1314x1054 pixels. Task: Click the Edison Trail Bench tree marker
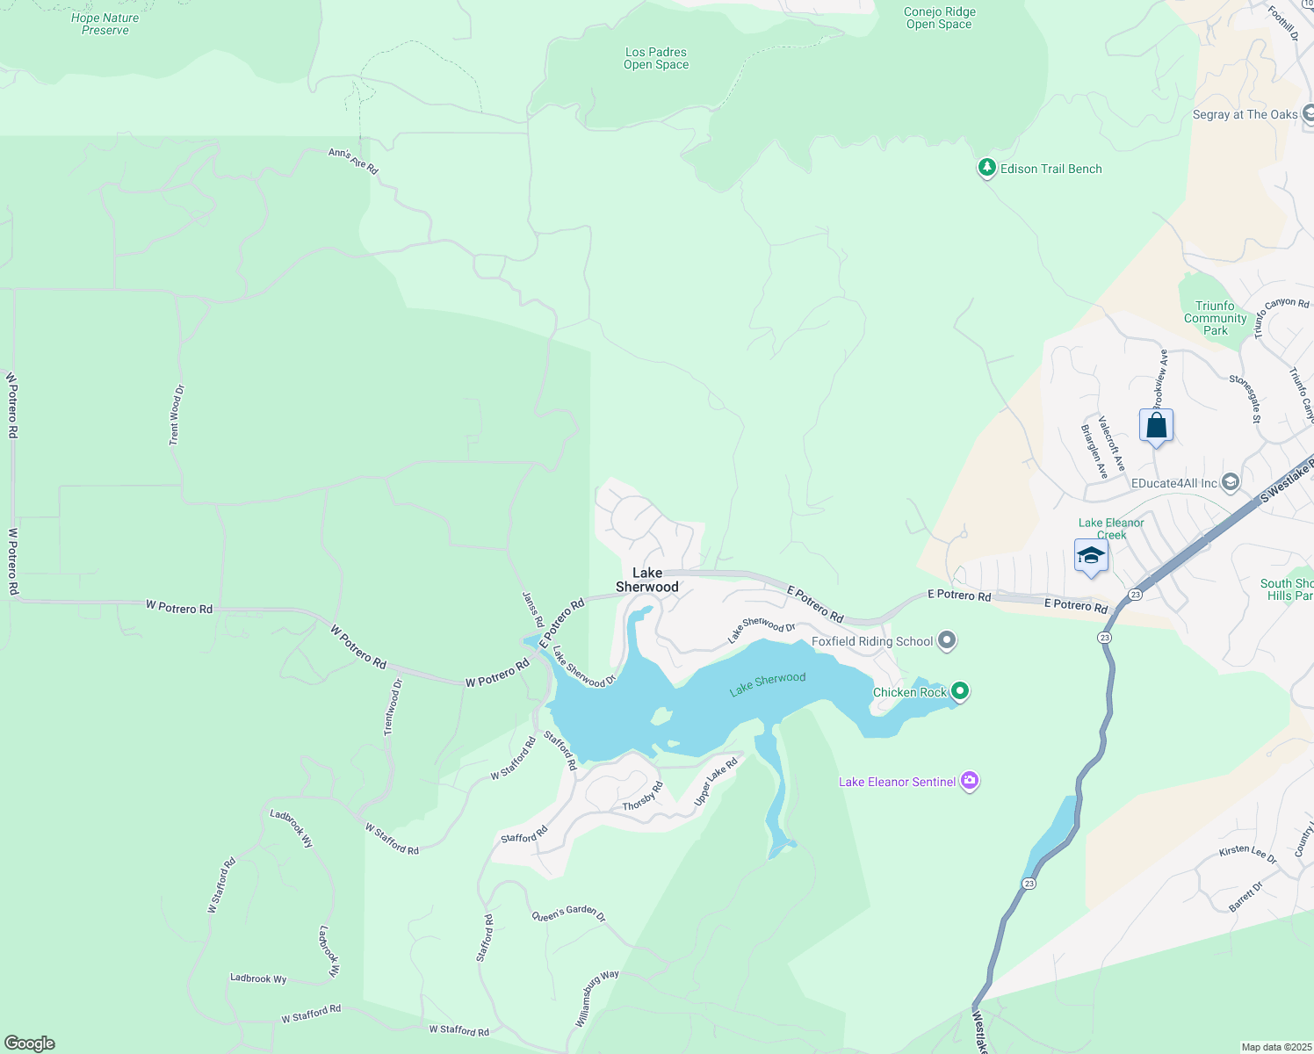point(987,168)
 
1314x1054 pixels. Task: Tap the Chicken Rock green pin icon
point(960,691)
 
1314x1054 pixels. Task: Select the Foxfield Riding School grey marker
point(947,641)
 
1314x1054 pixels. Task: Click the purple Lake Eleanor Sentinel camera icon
point(970,781)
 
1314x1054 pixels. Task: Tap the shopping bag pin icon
point(1156,427)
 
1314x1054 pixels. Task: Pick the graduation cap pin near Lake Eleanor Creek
point(1091,556)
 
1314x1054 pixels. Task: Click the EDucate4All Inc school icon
point(1231,482)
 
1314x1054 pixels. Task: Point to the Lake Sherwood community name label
point(647,580)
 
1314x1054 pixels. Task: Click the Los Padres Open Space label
point(656,58)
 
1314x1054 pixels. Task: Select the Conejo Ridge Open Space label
point(940,18)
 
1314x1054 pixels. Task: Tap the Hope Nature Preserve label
point(105,24)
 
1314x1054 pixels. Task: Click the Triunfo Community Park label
point(1215,318)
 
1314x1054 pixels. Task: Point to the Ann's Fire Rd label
point(353,160)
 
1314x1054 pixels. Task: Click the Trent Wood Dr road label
point(177,415)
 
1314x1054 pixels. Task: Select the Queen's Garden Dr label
point(568,914)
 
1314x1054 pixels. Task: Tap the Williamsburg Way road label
point(597,999)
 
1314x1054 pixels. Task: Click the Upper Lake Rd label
point(716,781)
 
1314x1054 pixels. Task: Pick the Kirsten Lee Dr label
point(1247,854)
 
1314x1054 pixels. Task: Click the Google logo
point(30,1043)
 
